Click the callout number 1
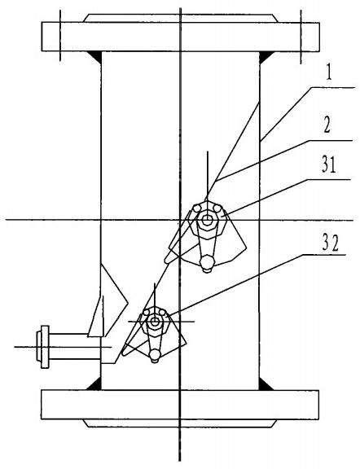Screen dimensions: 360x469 pyautogui.click(x=329, y=73)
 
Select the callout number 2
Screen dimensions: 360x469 pyautogui.click(x=327, y=125)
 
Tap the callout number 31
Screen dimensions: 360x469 pyautogui.click(x=329, y=164)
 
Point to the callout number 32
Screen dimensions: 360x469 pyautogui.click(x=330, y=244)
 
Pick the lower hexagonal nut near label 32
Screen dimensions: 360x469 pyautogui.click(x=155, y=322)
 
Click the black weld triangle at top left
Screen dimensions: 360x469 pyautogui.click(x=94, y=58)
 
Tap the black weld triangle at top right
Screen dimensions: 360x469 pyautogui.click(x=266, y=57)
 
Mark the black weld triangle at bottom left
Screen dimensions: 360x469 pyautogui.click(x=94, y=384)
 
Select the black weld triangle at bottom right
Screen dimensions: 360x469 pyautogui.click(x=266, y=384)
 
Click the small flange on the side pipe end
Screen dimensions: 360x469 pyautogui.click(x=43, y=347)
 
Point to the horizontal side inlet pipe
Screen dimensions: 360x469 pyautogui.click(x=75, y=346)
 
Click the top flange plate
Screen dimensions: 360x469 pyautogui.click(x=181, y=37)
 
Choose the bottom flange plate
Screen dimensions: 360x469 pyautogui.click(x=179, y=405)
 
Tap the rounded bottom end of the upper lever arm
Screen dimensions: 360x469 pyautogui.click(x=207, y=262)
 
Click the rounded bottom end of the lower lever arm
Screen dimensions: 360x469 pyautogui.click(x=155, y=355)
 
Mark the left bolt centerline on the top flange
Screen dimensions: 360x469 pyautogui.click(x=60, y=35)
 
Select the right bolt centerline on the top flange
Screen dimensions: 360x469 pyautogui.click(x=301, y=37)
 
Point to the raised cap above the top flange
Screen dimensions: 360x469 pyautogui.click(x=181, y=18)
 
